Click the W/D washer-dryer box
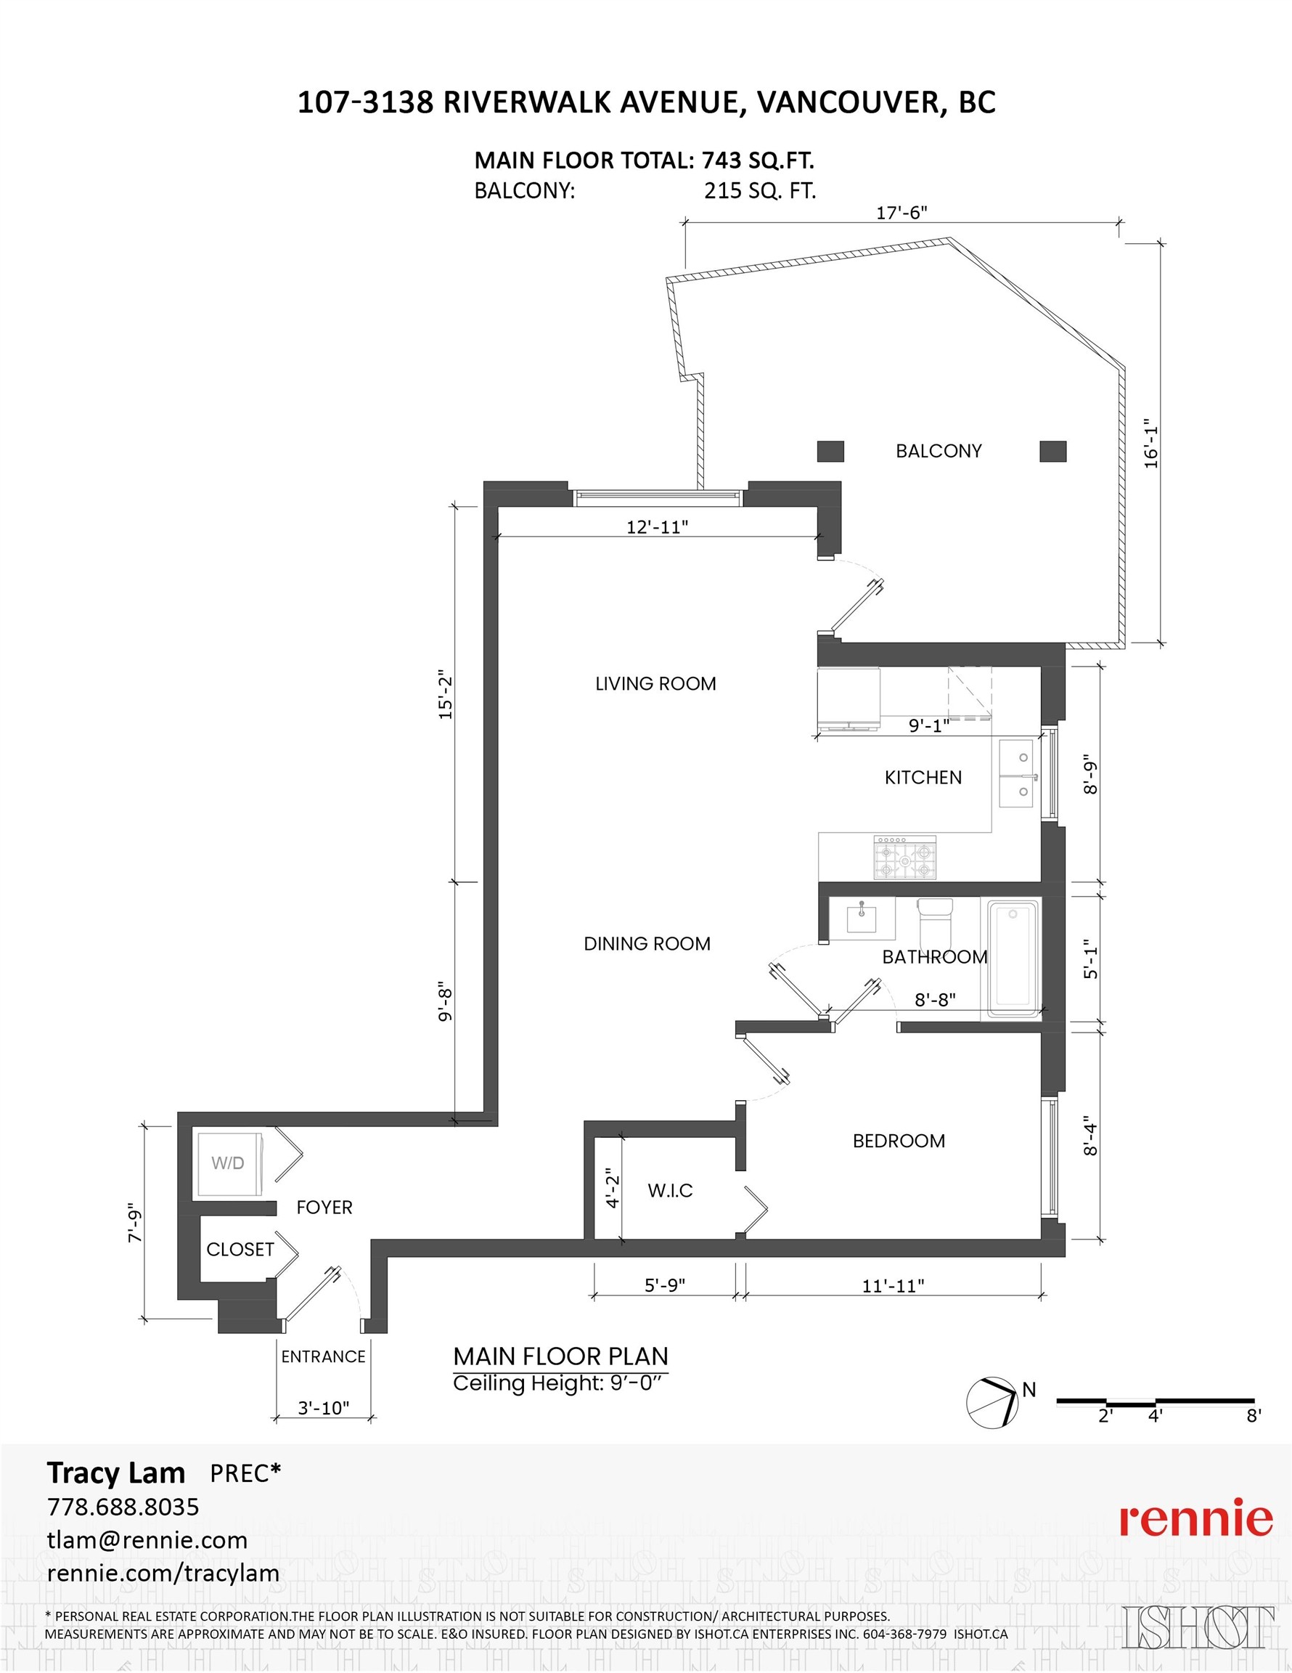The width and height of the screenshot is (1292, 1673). [228, 1163]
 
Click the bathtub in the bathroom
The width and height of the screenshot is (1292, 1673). [1013, 959]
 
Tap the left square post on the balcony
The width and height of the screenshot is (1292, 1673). [830, 451]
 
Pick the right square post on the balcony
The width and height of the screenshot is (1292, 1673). [1053, 451]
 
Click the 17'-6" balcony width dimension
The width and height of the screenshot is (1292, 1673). [901, 213]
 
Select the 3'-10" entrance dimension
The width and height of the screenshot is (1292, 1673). [324, 1408]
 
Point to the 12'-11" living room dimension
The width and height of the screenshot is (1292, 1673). [657, 527]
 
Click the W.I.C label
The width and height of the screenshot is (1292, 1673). [670, 1190]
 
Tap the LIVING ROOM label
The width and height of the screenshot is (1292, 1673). [655, 683]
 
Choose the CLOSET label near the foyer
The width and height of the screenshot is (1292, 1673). [240, 1250]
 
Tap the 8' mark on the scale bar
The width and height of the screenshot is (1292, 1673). [1253, 1416]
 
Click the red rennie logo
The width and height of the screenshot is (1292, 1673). [1196, 1518]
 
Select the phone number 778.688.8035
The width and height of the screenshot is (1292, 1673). [123, 1506]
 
